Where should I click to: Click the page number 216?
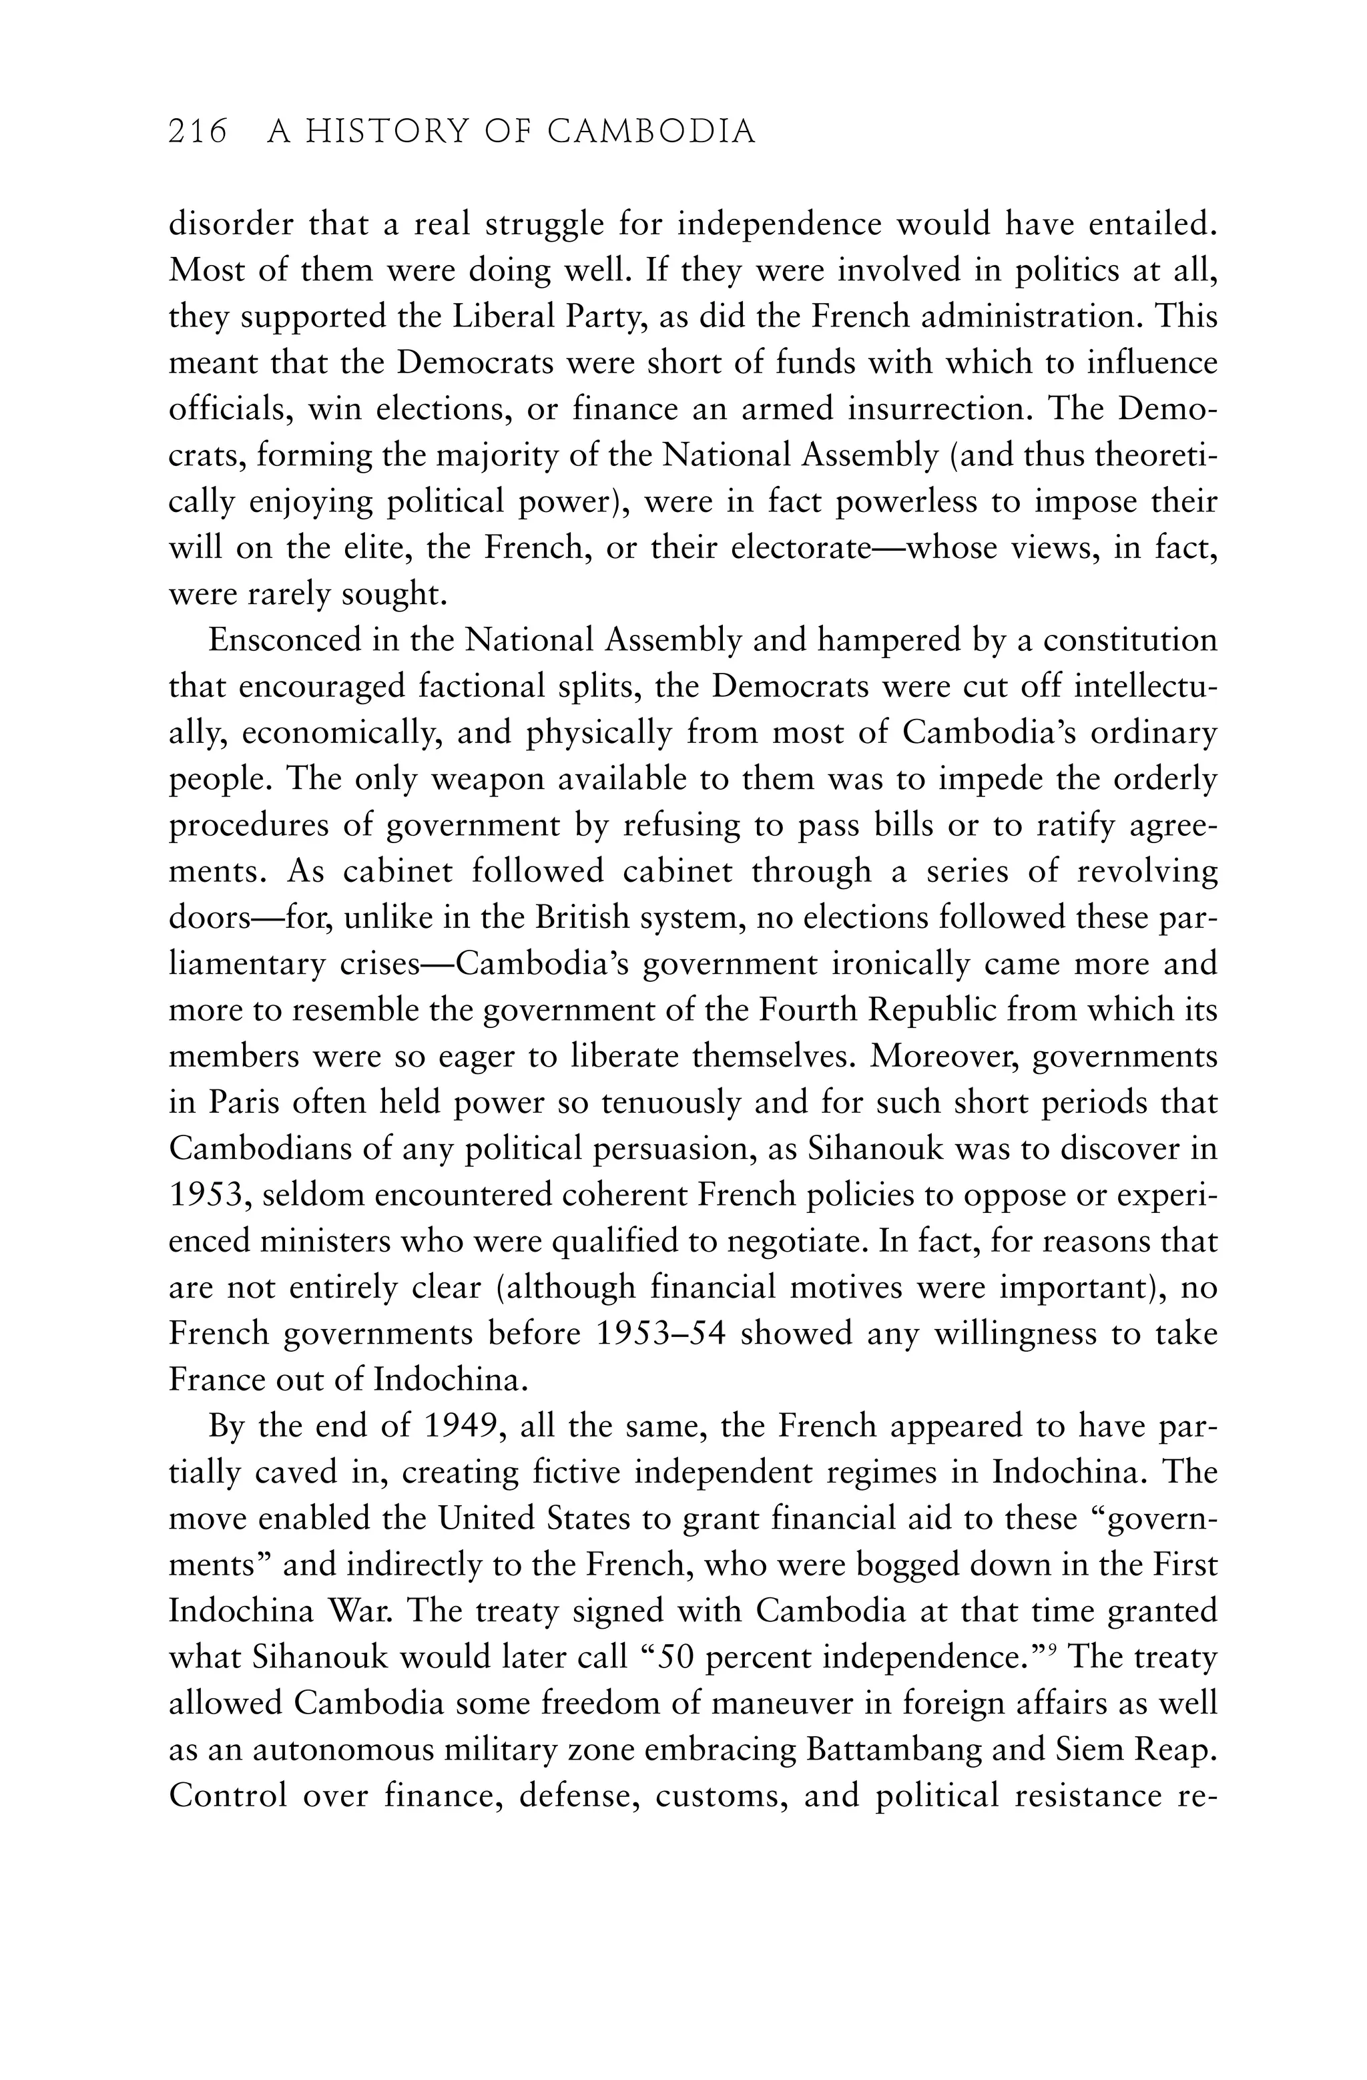pyautogui.click(x=198, y=132)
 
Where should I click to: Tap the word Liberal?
pyautogui.click(x=502, y=316)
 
